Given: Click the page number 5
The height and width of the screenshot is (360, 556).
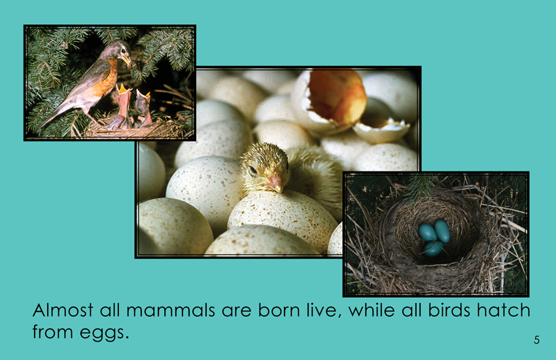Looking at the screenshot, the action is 536,340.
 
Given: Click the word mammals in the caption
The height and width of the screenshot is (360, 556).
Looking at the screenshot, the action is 171,310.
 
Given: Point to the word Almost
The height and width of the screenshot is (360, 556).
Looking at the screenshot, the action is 63,310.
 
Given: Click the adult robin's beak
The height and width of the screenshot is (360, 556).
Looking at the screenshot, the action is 126,60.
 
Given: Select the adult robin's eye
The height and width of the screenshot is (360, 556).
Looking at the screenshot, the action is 120,49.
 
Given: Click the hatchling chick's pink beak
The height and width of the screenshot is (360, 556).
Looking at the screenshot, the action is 275,183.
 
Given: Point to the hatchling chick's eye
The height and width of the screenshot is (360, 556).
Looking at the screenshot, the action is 253,170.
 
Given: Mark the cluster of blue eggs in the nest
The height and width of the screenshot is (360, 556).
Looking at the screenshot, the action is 434,238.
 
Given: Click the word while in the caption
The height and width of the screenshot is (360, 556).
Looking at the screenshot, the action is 372,310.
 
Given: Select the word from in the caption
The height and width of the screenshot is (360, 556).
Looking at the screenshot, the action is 52,332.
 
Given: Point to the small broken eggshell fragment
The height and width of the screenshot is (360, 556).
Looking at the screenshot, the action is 381,128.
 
